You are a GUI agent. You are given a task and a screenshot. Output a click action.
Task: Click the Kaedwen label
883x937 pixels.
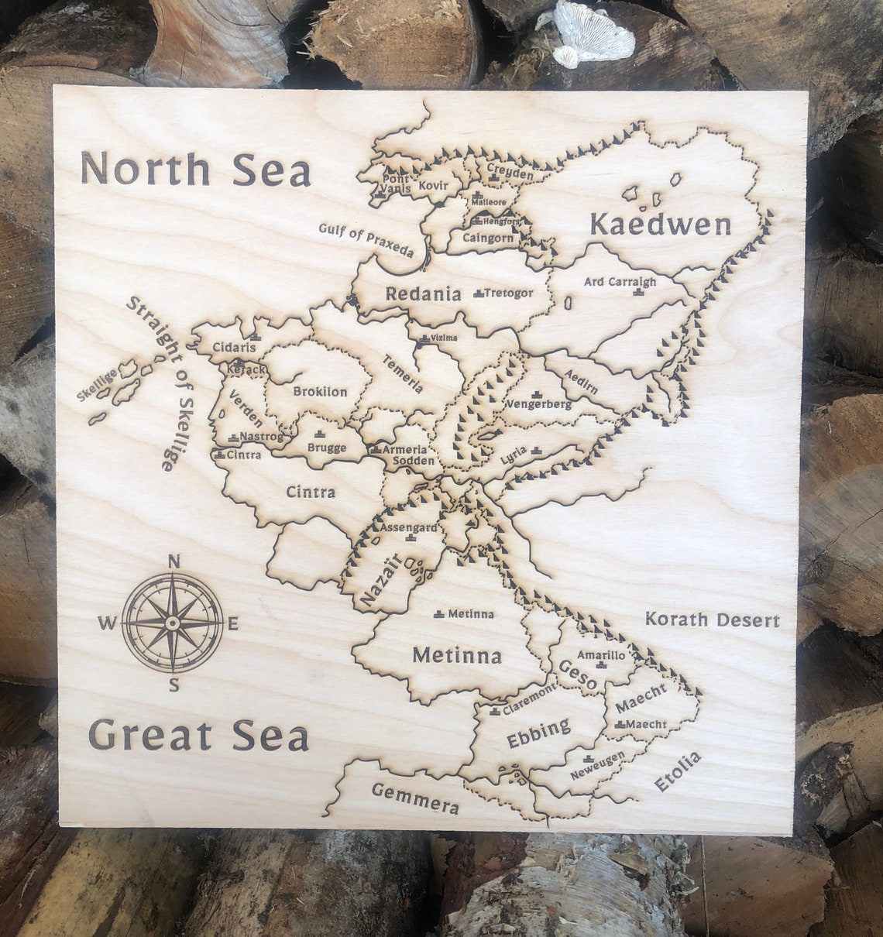point(660,225)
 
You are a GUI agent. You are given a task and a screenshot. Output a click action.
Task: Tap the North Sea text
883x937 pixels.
point(195,170)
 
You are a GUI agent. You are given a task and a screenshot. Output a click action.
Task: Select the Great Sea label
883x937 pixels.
point(198,734)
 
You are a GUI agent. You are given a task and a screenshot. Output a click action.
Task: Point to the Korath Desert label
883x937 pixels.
point(712,620)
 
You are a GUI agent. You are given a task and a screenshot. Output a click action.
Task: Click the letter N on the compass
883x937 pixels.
point(174,562)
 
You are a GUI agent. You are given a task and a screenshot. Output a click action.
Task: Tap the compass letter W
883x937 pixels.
point(107,622)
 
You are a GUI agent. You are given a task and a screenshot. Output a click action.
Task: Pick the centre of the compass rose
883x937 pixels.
point(173,622)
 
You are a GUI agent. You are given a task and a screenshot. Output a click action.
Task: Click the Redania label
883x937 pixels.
point(423,293)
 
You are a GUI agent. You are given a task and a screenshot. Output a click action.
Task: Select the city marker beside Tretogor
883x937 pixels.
point(478,293)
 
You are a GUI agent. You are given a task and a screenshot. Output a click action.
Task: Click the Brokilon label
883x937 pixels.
point(320,392)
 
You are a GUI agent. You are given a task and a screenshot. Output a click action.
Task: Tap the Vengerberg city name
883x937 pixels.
point(538,404)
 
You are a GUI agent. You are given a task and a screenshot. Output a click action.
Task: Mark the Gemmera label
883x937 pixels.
point(415,798)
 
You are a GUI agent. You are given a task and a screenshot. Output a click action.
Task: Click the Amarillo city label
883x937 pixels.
point(601,655)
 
